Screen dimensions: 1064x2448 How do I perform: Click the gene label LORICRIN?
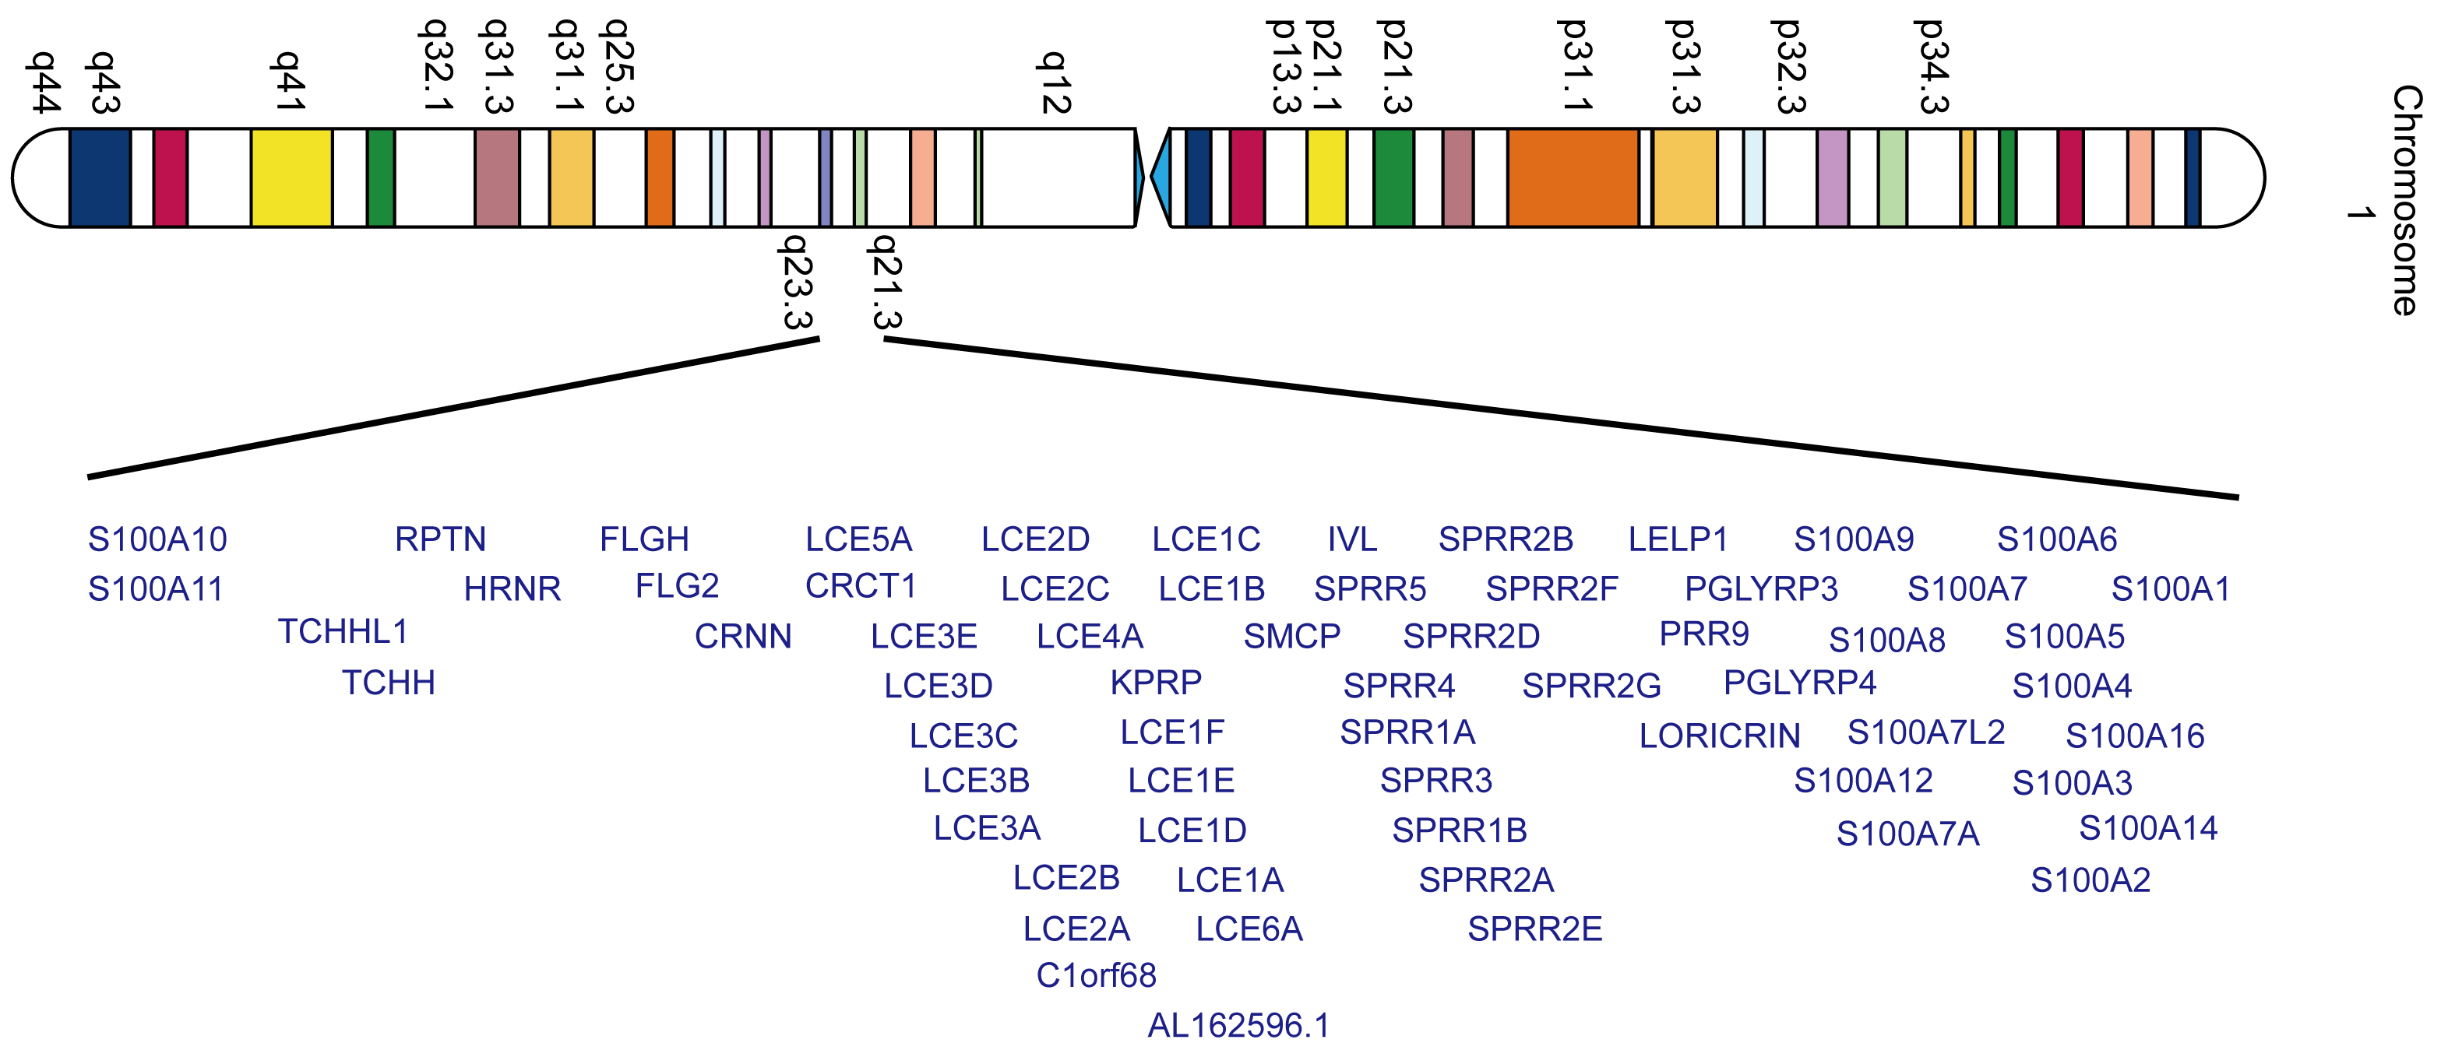pos(1719,736)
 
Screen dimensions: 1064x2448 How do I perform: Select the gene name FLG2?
pos(677,586)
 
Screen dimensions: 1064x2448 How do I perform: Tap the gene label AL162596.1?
pos(1238,1025)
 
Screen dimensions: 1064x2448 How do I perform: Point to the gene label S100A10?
pos(157,539)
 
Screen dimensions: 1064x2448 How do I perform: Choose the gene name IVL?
pos(1351,539)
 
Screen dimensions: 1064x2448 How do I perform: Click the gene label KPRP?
pos(1156,682)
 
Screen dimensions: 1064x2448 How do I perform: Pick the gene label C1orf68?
pos(1096,975)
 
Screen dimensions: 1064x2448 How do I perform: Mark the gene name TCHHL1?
pos(342,632)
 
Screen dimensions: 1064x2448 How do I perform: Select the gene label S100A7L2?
pos(1925,732)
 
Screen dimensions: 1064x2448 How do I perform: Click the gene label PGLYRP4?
pos(1799,682)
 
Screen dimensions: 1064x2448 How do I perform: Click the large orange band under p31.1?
pos(1573,177)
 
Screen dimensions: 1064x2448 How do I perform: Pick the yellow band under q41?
pos(291,177)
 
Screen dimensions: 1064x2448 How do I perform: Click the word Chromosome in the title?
pos(2405,199)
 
